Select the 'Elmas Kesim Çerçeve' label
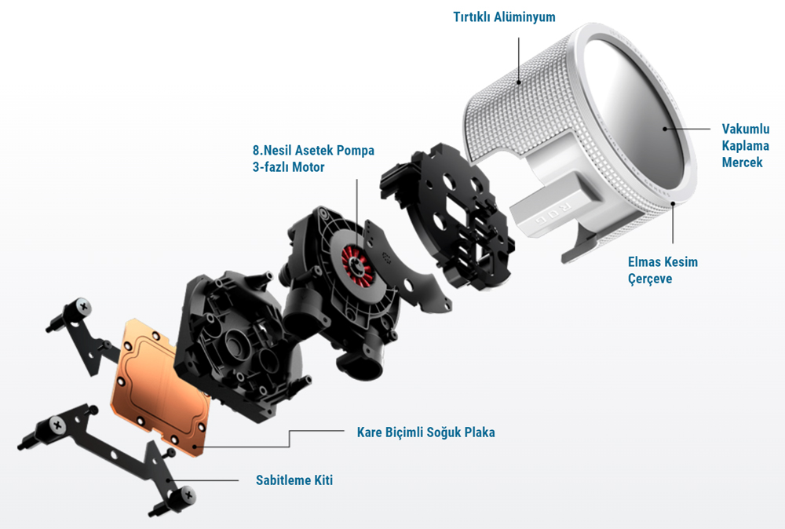point(663,270)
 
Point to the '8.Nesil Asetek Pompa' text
point(313,151)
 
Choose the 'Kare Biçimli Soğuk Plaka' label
point(425,432)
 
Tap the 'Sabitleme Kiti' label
point(294,480)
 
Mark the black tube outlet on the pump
point(366,362)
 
